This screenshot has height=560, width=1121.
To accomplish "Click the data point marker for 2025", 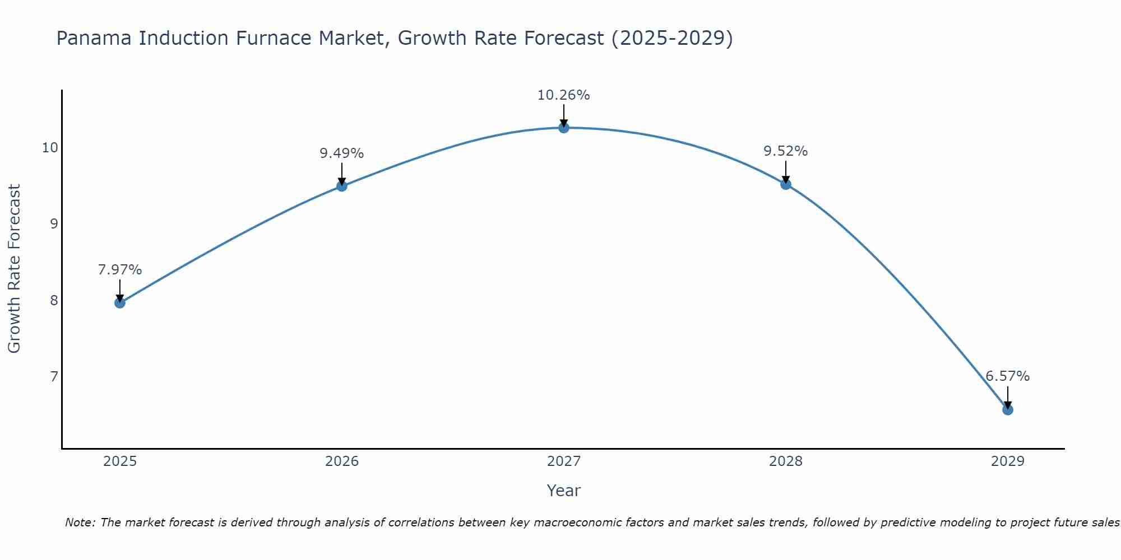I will (120, 303).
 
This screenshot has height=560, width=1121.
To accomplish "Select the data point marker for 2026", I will (342, 186).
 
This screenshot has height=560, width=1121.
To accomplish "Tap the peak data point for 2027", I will (564, 128).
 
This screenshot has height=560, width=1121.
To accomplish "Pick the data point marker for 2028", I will (786, 184).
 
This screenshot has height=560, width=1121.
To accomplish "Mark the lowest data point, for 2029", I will (1008, 410).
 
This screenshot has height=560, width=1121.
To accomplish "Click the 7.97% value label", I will (120, 270).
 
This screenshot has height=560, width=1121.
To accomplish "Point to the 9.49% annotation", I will (342, 153).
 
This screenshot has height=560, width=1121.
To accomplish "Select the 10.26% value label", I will (564, 95).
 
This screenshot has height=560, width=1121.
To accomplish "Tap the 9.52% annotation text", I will (786, 151).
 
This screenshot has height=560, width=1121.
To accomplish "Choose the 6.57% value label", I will (1008, 376).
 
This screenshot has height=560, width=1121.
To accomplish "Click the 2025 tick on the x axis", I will (120, 461).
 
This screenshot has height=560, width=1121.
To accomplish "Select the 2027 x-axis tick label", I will (564, 461).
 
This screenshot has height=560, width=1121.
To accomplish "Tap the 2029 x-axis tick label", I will (1008, 461).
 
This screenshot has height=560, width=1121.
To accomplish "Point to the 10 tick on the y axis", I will (50, 148).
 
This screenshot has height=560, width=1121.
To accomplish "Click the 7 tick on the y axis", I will (54, 376).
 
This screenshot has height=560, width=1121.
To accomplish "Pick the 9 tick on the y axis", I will (54, 224).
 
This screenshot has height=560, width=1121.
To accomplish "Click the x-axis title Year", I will (564, 491).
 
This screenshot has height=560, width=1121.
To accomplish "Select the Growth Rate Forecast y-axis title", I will (15, 269).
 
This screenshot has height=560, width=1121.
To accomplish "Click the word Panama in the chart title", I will (95, 38).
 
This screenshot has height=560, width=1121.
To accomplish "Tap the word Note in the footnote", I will (81, 522).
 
